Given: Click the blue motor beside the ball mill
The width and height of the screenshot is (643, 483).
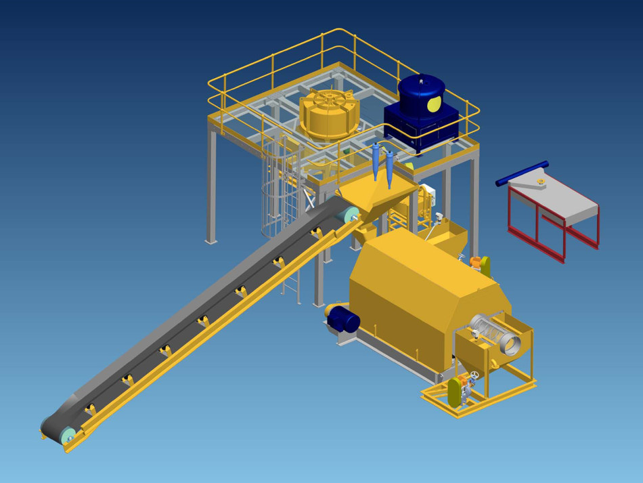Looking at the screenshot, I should tap(344, 318).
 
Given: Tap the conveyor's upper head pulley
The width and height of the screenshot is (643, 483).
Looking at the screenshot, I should tap(351, 215).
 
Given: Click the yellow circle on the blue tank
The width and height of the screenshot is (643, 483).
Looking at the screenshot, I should tap(434, 104).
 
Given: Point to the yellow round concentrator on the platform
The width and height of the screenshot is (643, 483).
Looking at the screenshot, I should tap(328, 115).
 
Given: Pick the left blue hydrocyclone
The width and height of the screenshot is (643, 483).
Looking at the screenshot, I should tap(376, 160).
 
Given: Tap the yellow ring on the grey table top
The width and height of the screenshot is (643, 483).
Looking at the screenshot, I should tap(540, 181).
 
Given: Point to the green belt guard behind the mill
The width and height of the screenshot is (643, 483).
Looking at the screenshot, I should tap(485, 266).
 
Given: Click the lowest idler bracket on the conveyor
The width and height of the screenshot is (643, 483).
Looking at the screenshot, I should tap(90, 409).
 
